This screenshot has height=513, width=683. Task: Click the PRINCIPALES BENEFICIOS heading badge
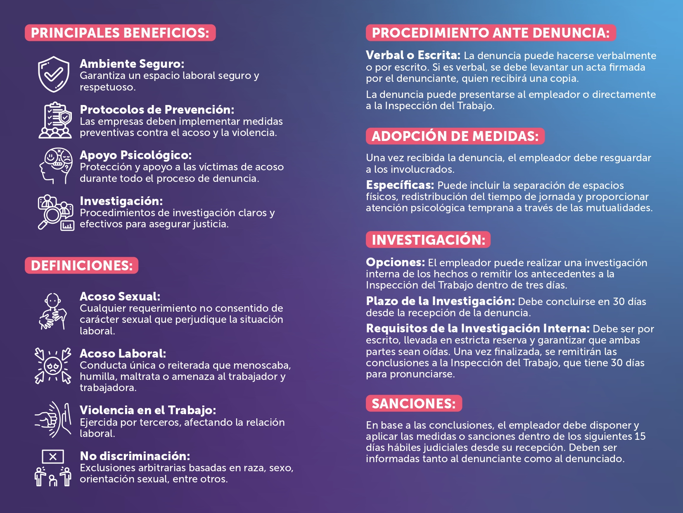click(x=120, y=33)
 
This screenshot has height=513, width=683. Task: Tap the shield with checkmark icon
click(x=54, y=74)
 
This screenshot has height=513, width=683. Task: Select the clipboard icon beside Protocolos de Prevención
click(x=55, y=120)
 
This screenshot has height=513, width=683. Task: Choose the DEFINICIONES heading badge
click(x=82, y=265)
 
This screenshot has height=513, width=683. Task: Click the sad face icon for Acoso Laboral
click(x=53, y=366)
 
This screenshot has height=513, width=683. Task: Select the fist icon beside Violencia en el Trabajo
click(x=53, y=420)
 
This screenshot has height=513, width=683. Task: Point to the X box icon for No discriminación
click(x=53, y=457)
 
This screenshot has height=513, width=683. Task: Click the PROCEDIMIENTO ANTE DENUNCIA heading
click(x=491, y=33)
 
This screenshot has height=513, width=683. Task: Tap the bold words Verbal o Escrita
click(x=413, y=55)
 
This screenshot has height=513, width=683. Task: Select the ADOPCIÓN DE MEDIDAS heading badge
click(x=455, y=136)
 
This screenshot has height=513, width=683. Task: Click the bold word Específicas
click(x=400, y=185)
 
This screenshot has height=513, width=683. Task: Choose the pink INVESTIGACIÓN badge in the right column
click(x=428, y=240)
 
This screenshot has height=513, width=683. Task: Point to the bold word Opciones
click(x=395, y=262)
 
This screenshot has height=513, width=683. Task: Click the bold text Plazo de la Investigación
click(x=440, y=301)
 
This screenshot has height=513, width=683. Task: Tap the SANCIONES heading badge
click(x=414, y=403)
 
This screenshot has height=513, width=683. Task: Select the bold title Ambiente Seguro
click(x=132, y=64)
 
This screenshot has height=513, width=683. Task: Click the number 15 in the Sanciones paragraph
click(x=640, y=437)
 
